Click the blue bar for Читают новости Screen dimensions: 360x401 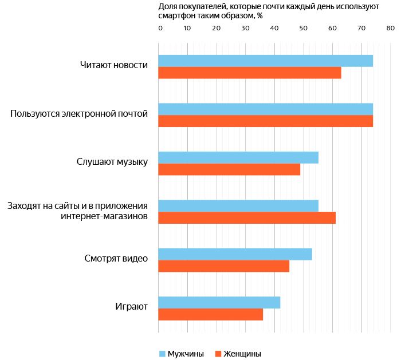coord(265,61)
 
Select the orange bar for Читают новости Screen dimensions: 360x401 coord(249,73)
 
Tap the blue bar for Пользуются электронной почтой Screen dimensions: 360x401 coord(265,109)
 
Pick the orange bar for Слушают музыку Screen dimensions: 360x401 coord(229,169)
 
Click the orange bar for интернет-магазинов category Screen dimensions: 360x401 coord(246,217)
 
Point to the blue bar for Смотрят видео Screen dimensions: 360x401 coord(235,254)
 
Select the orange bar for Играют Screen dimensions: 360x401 coord(210,314)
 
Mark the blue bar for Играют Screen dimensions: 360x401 coord(219,302)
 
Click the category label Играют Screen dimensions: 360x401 coord(131,307)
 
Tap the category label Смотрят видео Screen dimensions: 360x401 coord(116,259)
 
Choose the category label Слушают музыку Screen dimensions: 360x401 coord(112,162)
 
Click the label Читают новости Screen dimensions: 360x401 coord(114,65)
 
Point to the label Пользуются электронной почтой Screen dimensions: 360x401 coord(79,114)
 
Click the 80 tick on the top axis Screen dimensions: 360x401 coord(390,27)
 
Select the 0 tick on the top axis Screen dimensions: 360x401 coord(160,27)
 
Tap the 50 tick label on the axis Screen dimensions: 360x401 coord(304,27)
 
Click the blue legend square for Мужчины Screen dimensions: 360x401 coord(162,354)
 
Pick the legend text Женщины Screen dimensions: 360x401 coord(242,354)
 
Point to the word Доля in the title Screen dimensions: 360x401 coord(167,6)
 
